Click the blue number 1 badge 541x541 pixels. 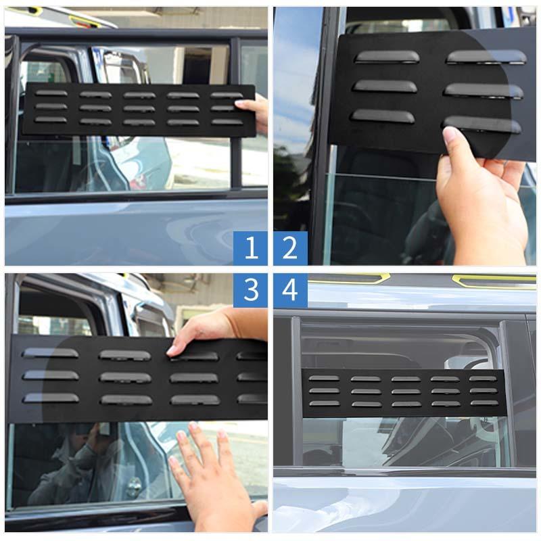pos(251,248)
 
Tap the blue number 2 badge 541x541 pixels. pos(290,248)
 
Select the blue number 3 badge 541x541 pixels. pos(251,290)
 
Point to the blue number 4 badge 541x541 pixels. pos(290,290)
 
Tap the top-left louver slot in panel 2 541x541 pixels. pos(387,57)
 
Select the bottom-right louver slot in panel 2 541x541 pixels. pos(483,124)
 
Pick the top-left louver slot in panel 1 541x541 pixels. pos(51,93)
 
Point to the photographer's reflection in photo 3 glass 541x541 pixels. pos(74,467)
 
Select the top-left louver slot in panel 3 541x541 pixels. pos(50,352)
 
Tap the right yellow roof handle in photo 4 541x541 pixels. pos(494,279)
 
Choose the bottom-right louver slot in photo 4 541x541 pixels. pos(484,403)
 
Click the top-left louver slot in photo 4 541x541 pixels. pos(324,379)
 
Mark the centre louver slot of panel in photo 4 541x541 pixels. pos(405,391)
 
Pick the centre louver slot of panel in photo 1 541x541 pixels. pos(139,108)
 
